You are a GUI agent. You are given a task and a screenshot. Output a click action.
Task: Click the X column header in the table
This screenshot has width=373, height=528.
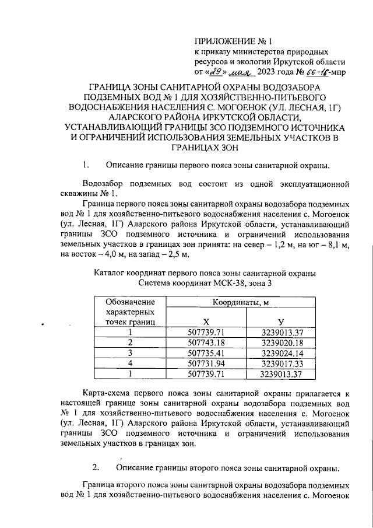[206, 322]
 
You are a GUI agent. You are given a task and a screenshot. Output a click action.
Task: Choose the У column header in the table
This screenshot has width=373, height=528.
[281, 322]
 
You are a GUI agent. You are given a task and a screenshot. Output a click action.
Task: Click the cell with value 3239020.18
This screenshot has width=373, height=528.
[281, 342]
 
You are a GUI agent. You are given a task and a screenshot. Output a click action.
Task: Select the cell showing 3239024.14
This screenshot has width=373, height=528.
[281, 353]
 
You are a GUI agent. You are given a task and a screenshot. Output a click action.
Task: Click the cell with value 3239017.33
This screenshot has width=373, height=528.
[281, 363]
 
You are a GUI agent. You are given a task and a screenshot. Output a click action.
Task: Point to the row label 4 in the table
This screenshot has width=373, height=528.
[131, 363]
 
